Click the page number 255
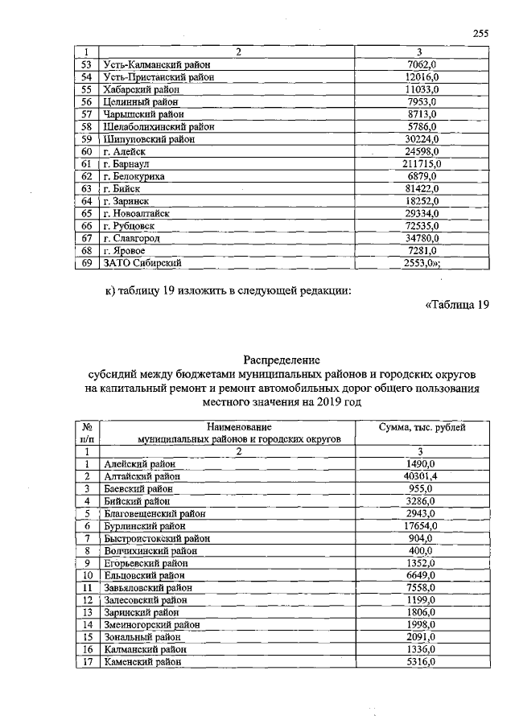481,33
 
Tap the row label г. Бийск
122,189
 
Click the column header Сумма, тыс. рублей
422,427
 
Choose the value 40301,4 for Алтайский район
421,476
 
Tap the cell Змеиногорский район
152,624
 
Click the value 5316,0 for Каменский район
421,661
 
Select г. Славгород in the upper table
132,238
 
